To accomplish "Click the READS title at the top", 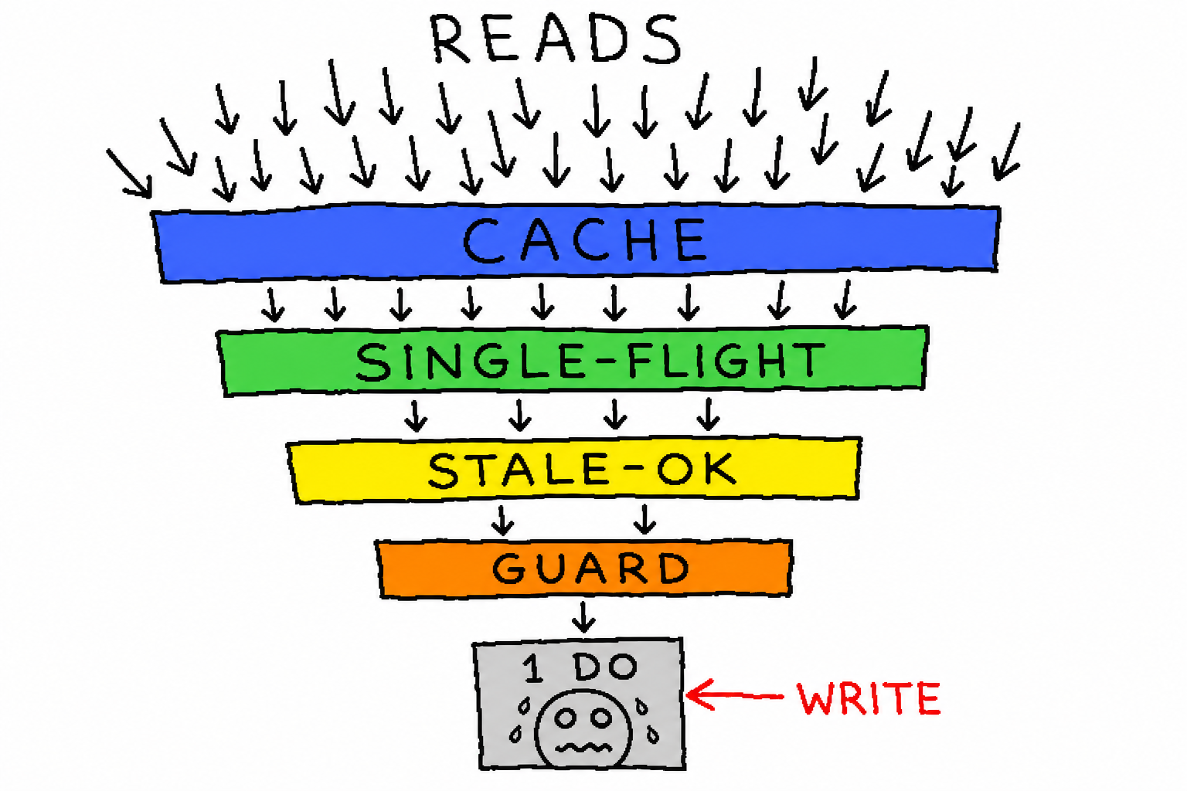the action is point(556,39).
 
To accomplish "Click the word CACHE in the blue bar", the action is point(584,240).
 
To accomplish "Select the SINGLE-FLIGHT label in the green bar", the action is point(590,362).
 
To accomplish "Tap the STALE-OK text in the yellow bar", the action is point(582,470).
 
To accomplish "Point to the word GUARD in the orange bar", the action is point(591,568).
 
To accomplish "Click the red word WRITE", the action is point(869,699).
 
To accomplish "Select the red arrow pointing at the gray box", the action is point(734,695).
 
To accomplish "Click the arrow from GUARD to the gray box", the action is point(583,617).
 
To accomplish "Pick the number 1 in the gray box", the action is point(533,669).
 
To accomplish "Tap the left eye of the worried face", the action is point(566,718).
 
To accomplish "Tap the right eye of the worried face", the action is point(601,718).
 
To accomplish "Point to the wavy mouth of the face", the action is point(583,748).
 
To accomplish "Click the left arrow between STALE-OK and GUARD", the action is point(502,521).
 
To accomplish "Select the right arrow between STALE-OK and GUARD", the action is point(645,519).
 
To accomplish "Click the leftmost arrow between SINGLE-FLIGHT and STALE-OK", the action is point(416,416).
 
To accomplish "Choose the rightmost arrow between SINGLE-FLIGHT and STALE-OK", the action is point(708,414).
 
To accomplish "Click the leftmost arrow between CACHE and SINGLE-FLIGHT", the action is point(273,305).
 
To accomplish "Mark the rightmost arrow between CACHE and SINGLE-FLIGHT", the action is point(845,300).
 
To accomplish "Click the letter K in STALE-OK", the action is point(719,469).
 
